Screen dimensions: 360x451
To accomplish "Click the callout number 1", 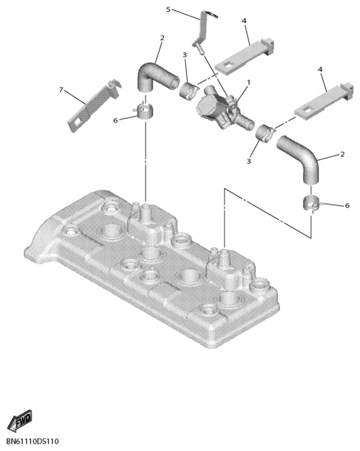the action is coord(248,83).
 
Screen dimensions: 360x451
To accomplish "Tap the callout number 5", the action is coord(168,10).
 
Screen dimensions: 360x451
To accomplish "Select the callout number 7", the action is coord(61,90).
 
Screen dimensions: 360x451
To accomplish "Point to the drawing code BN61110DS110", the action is coord(33,441).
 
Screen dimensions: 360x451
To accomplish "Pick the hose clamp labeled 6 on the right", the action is coord(312,204).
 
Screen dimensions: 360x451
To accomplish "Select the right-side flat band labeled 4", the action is coord(323,101).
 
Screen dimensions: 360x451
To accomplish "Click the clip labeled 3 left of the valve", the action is coord(188,90).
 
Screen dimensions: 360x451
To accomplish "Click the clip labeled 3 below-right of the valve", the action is coord(265,133).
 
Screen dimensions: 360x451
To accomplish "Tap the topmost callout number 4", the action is coord(244,21).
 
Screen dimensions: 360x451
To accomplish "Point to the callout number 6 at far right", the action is coord(347,205).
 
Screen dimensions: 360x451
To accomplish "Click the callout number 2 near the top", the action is coord(162,38).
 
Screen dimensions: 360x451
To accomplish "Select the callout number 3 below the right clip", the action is coord(248,161).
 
